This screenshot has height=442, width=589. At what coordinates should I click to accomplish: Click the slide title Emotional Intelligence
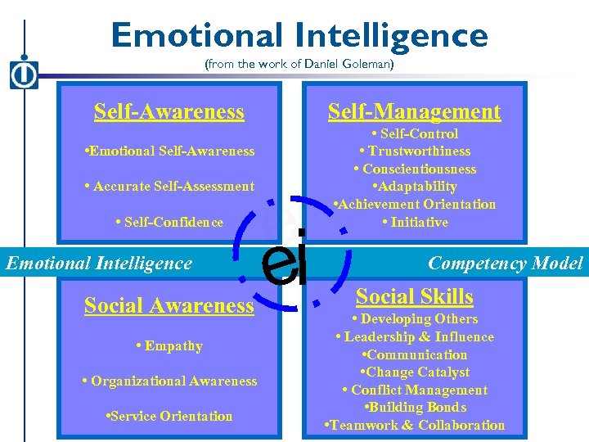click(299, 35)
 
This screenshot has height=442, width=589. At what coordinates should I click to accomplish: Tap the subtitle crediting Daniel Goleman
click(299, 65)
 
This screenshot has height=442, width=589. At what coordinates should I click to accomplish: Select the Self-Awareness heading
click(169, 111)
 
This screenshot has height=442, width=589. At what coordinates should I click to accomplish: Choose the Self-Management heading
click(414, 111)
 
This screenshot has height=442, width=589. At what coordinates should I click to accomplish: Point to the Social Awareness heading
click(169, 305)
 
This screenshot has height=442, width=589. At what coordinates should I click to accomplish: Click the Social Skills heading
click(415, 296)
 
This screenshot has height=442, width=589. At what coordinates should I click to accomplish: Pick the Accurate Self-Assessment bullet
click(169, 187)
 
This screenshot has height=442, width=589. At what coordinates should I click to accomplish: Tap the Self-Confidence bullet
click(169, 223)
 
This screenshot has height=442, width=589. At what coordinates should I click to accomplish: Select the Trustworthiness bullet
click(415, 151)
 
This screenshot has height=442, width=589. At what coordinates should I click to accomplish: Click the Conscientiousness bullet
click(415, 169)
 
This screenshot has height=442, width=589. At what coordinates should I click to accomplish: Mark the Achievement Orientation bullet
click(415, 205)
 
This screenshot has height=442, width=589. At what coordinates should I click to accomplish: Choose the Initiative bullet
click(415, 223)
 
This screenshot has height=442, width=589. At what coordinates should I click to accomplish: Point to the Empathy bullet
click(169, 346)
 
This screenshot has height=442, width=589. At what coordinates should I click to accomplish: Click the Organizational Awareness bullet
click(169, 381)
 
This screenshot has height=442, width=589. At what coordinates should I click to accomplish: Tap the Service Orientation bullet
click(169, 417)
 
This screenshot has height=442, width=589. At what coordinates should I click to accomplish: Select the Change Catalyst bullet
click(415, 372)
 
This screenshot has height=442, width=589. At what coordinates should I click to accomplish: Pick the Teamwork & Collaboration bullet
click(415, 426)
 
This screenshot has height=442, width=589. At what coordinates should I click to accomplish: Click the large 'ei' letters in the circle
click(285, 262)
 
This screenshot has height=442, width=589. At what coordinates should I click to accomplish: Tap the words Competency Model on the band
click(506, 263)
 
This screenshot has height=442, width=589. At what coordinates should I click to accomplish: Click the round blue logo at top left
click(24, 74)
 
